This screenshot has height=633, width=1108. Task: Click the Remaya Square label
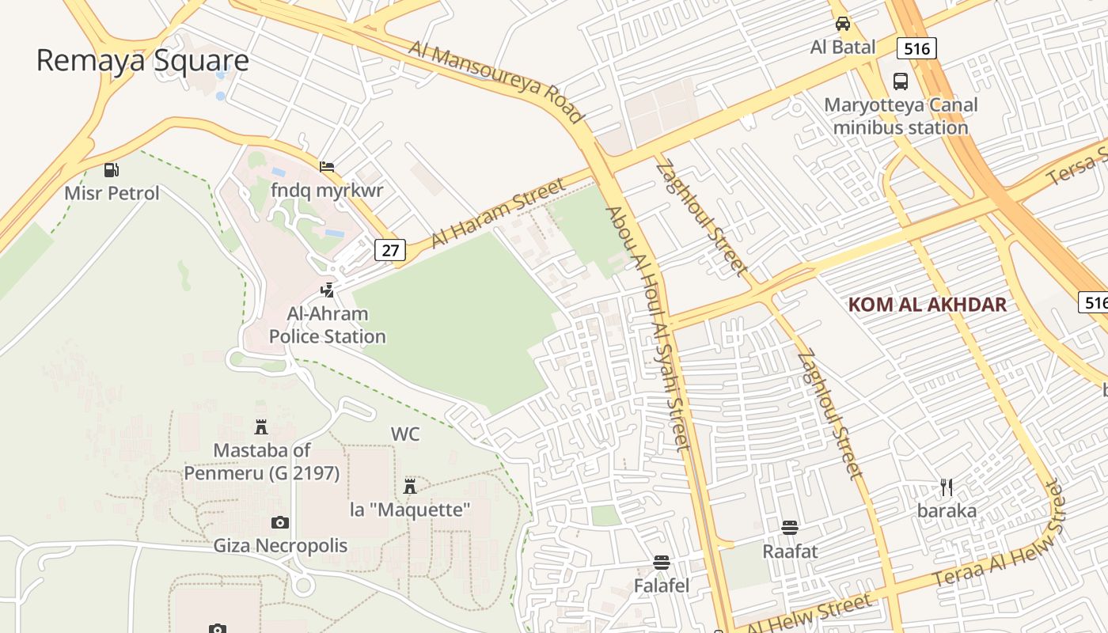coord(142,61)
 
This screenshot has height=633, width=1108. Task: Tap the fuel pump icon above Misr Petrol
coord(112,169)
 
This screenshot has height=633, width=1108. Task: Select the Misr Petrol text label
coord(112,193)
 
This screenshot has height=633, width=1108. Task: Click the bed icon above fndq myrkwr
coord(327,167)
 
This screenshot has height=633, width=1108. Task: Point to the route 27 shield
coord(389,251)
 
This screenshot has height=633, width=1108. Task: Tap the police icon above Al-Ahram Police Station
coord(327,290)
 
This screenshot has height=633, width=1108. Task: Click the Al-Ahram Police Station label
coord(327,325)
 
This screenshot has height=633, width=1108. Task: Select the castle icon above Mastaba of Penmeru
coord(260,428)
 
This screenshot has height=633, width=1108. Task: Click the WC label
coord(405,434)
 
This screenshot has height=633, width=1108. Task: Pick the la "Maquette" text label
coord(410,510)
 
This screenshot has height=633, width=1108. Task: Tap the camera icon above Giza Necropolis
coord(279,522)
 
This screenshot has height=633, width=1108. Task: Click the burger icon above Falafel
coord(662,563)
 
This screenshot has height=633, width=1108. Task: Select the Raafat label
coord(789,551)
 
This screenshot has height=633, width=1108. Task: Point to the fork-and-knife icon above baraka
coord(947,487)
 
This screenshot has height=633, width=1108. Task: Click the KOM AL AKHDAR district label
coord(927,305)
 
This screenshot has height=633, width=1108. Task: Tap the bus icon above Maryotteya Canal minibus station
coord(901,81)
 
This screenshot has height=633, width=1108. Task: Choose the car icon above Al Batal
coord(843,24)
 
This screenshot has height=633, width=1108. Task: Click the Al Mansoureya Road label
coord(497,81)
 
